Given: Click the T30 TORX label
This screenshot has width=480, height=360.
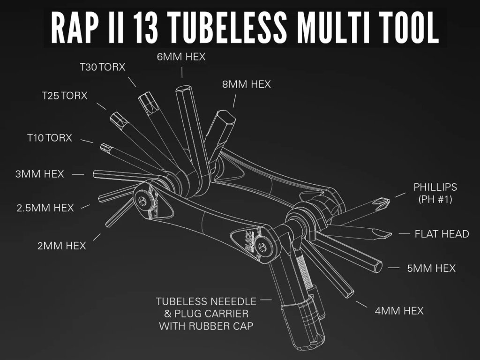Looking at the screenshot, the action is click(102, 67).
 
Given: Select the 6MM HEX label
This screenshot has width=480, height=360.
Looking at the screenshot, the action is click(181, 57).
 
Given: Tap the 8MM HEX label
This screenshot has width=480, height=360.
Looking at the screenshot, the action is click(247, 84).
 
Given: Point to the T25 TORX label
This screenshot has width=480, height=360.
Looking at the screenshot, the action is click(64, 96).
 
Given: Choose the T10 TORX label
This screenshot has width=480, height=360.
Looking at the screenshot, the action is click(49, 138).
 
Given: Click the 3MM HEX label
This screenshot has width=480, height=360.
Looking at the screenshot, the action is click(39, 174).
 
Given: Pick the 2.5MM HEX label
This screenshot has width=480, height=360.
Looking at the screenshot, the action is click(45, 208).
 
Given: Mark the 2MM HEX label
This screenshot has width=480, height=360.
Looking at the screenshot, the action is click(62, 245).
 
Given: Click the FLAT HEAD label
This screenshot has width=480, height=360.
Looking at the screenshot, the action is click(442, 233).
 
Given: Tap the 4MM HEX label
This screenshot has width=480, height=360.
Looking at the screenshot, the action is click(399, 310).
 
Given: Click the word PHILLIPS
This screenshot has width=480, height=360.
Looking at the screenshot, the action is click(435, 187).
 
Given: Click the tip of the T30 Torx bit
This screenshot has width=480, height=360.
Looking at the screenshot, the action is click(146, 99).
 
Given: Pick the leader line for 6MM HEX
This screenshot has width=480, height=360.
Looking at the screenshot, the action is click(182, 72).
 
